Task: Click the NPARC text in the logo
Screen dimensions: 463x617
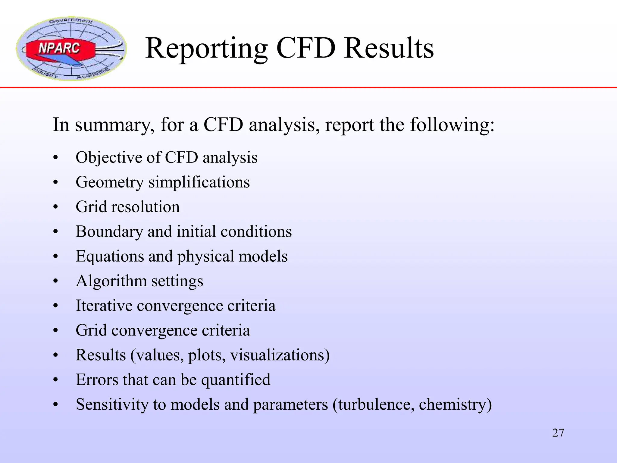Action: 59,48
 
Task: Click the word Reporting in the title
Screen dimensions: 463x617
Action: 206,48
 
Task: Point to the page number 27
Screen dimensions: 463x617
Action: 558,433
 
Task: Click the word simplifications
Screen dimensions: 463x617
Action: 199,182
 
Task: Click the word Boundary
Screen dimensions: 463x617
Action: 109,232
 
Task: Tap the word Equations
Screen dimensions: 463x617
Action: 109,257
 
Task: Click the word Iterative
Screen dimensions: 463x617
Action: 104,306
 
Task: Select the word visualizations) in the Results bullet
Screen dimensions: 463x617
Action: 280,355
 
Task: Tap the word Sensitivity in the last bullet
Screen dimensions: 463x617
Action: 112,405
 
